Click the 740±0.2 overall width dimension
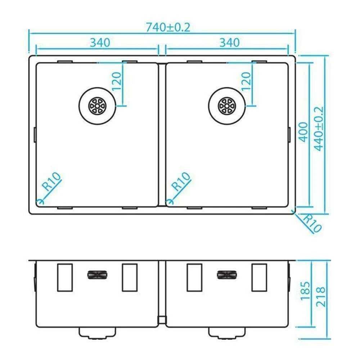(x=168, y=28)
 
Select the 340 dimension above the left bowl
(x=100, y=42)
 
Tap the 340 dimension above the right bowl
(x=229, y=42)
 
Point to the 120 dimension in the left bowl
(x=116, y=81)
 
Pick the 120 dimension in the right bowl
(x=246, y=81)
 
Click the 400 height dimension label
(x=303, y=132)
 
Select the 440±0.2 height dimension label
(x=319, y=129)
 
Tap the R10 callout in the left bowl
(x=52, y=181)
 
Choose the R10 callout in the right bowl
(x=181, y=181)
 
